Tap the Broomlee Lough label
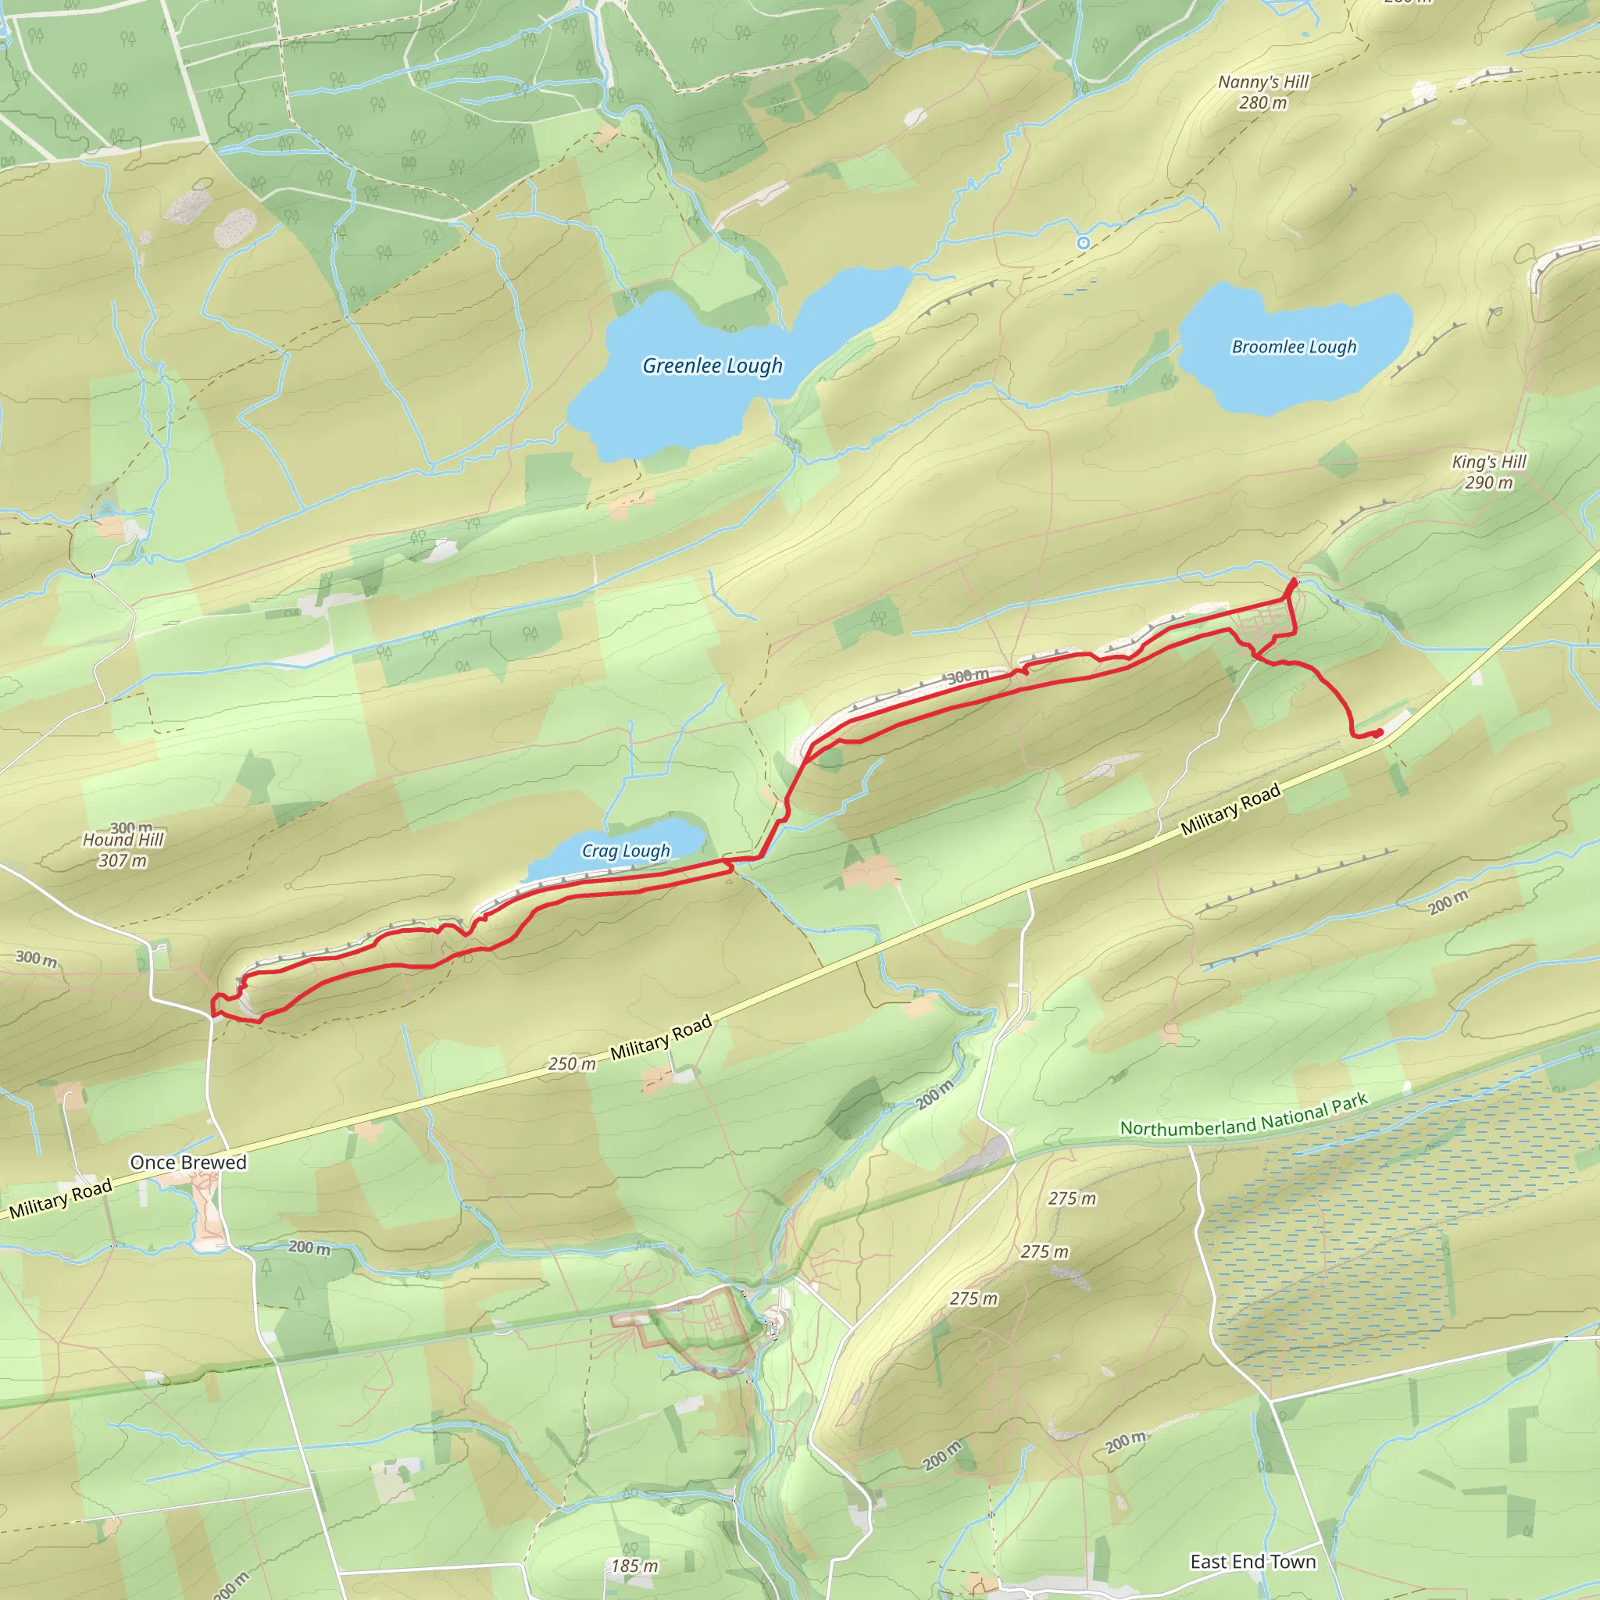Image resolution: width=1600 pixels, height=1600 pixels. pos(1294,347)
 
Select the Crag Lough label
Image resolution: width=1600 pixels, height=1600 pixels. pos(625,851)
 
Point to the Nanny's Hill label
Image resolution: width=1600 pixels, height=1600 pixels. pos(1263,82)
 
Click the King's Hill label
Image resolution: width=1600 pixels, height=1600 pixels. pos(1488,462)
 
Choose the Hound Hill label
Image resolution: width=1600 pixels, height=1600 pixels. pos(123,840)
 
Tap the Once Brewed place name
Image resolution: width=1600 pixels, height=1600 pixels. pos(188,1162)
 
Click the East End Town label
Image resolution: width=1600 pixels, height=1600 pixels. pos(1252,1562)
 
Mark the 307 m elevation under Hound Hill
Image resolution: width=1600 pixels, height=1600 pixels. pos(123,860)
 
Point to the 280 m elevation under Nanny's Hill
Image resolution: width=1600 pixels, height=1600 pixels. pos(1263,102)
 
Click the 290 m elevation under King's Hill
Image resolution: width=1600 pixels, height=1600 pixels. pos(1488,483)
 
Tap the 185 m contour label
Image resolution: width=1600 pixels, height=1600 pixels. pos(634,1566)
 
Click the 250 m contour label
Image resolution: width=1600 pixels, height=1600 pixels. pos(571,1064)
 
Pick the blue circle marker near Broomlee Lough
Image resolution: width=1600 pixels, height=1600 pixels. pos(1084,243)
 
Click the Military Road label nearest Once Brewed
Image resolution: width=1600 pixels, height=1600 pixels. pos(60,1200)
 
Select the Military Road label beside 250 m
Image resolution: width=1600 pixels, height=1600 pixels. pos(661,1037)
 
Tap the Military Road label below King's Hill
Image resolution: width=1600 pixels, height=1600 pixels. pos(1230,809)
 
